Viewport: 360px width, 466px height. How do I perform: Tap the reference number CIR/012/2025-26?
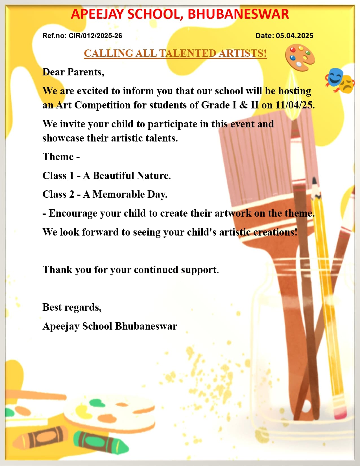pyautogui.click(x=95, y=36)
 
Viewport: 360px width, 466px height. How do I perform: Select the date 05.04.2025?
pyautogui.click(x=294, y=36)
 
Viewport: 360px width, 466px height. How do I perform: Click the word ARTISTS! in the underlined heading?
pyautogui.click(x=243, y=53)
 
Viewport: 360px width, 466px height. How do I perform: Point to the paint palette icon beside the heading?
pyautogui.click(x=300, y=58)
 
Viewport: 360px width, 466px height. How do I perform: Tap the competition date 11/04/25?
pyautogui.click(x=294, y=105)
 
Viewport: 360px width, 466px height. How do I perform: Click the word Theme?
pyautogui.click(x=58, y=157)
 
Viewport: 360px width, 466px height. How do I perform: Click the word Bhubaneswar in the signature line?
pyautogui.click(x=146, y=326)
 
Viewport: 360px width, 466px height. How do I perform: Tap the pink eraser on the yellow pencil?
pyautogui.click(x=340, y=411)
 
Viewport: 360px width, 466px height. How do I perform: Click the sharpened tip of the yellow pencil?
pyautogui.click(x=314, y=181)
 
